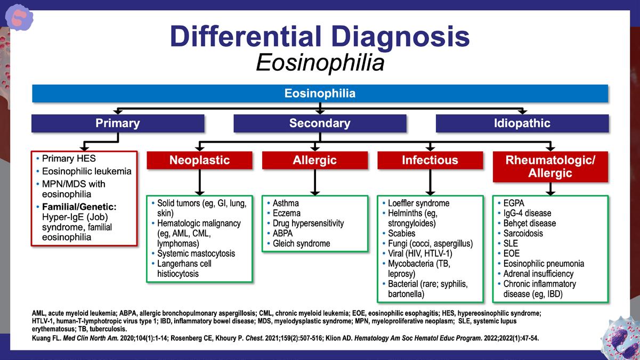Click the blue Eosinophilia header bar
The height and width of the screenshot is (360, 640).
tap(320, 93)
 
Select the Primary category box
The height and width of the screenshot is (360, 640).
tap(118, 124)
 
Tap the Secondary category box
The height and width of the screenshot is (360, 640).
tap(320, 124)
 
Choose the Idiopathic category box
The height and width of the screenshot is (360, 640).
tap(522, 124)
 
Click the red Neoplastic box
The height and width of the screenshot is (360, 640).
tap(199, 160)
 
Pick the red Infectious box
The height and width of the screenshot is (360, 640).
tap(430, 160)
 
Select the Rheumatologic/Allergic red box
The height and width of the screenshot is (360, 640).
tap(550, 167)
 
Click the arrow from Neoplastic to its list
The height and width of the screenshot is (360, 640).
tap(199, 182)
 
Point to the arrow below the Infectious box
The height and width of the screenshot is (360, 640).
tap(430, 182)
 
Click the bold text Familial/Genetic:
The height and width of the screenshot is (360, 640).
tap(79, 207)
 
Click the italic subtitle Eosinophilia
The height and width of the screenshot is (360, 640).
tap(320, 63)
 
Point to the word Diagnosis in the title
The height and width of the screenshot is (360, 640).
tap(401, 37)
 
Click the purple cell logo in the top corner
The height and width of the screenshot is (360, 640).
tap(19, 18)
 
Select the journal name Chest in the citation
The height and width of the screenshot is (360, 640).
tap(254, 338)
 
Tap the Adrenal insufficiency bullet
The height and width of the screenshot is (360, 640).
tap(538, 274)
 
